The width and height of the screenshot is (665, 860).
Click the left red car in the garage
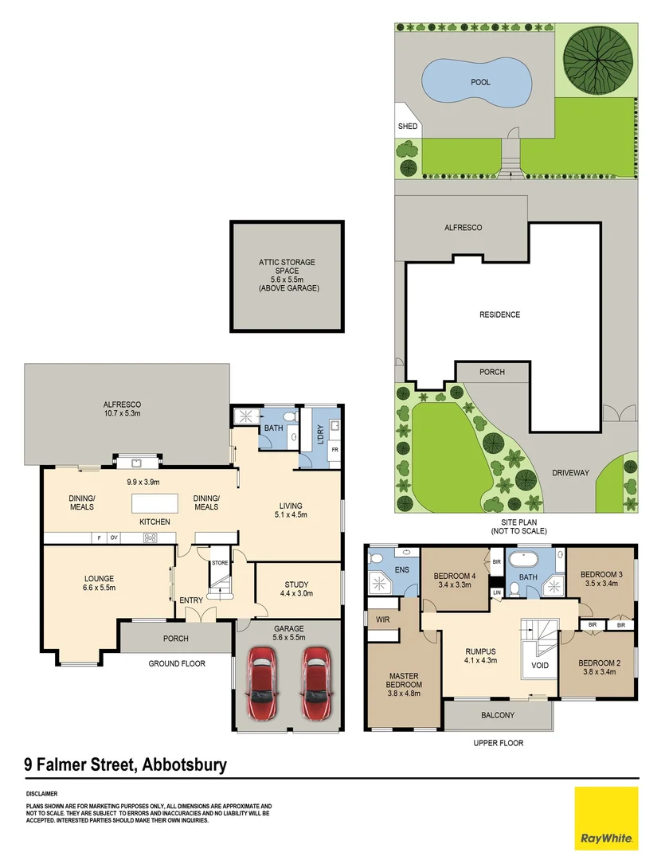(x=264, y=683)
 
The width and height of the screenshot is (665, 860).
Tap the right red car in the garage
(x=316, y=683)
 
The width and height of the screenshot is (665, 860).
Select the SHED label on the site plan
(x=407, y=127)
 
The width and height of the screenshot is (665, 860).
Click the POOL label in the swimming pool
(x=480, y=82)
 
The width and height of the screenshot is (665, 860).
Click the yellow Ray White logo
(x=606, y=818)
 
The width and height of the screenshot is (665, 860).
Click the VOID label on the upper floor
(x=540, y=666)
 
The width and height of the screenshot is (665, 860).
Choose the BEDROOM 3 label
(x=600, y=574)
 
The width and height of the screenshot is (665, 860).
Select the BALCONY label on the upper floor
(x=499, y=715)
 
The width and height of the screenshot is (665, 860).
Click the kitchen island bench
(x=154, y=504)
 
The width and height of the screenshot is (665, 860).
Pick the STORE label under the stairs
(x=220, y=563)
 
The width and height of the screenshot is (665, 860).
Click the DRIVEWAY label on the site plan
(x=570, y=473)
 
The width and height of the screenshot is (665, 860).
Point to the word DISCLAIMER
(x=41, y=794)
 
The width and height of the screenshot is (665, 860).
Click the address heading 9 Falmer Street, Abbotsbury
(x=126, y=765)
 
